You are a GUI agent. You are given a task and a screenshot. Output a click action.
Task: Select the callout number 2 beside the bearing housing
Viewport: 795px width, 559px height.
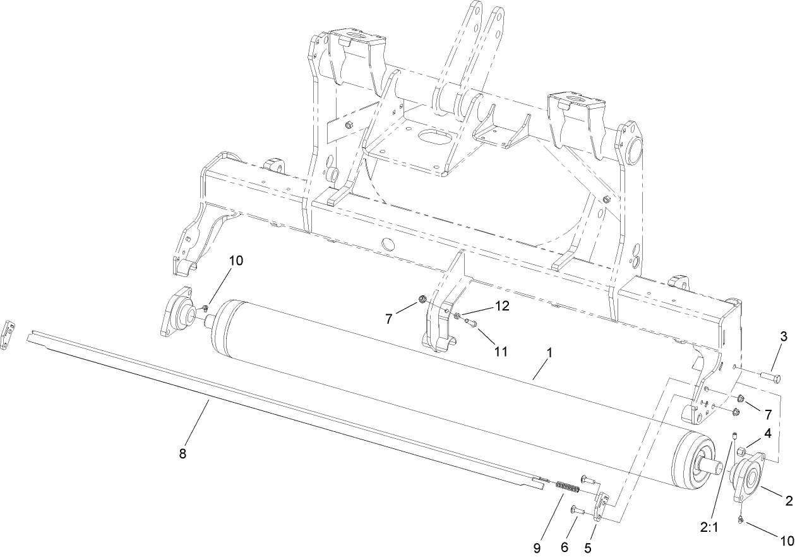(x=788, y=501)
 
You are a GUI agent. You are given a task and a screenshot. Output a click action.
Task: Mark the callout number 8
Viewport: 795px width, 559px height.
(x=183, y=453)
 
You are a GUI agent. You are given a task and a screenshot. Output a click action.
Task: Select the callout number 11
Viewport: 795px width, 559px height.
(x=501, y=351)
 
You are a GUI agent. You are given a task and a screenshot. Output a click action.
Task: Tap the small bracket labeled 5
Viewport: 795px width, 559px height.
(x=602, y=506)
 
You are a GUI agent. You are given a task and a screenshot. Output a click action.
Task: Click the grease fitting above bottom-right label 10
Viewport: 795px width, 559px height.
(x=739, y=519)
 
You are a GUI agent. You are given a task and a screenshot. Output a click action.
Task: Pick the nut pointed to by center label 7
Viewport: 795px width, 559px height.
(x=423, y=299)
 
